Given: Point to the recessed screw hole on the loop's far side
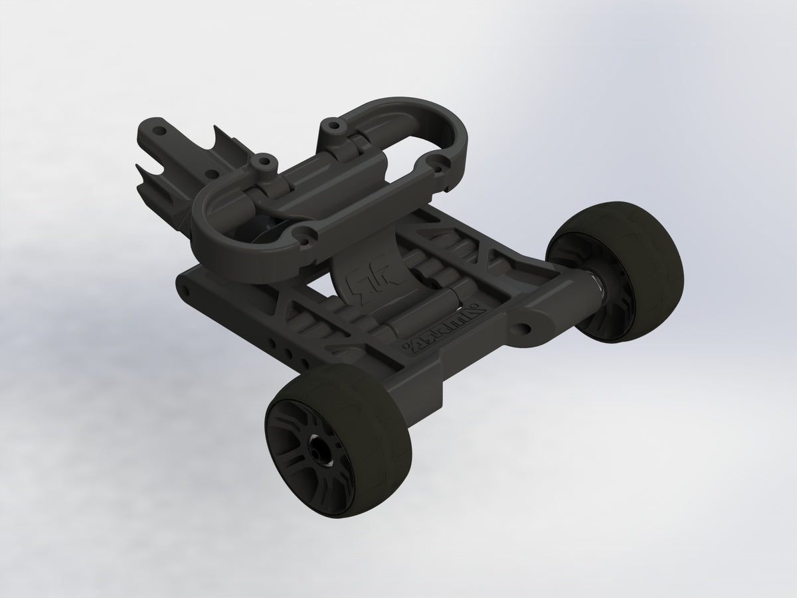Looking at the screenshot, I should point(437,160).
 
